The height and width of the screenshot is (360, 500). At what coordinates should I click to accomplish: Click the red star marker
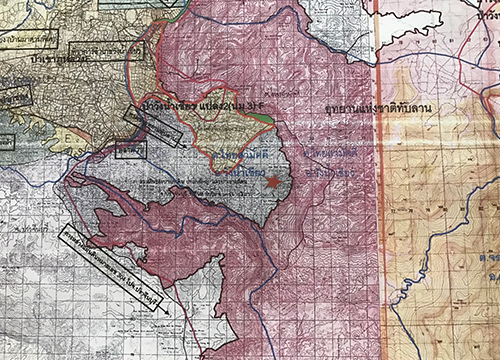pyautogui.click(x=272, y=182)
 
